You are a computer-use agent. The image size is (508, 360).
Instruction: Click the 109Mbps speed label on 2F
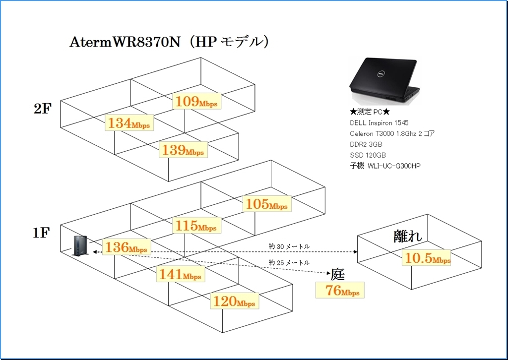(197, 102)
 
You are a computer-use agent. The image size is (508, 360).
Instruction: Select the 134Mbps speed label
(129, 123)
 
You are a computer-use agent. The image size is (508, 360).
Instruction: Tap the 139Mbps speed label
(183, 150)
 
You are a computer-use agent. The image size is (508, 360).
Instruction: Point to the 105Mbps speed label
(266, 204)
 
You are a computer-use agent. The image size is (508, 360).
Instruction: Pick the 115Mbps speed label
(195, 226)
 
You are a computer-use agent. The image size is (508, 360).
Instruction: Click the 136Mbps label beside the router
(126, 247)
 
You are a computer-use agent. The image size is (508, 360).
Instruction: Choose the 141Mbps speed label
(180, 274)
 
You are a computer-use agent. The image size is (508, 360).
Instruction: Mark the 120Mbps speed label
(234, 300)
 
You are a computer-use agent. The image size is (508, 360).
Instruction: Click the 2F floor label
(43, 109)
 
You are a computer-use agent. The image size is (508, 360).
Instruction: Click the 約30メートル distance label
(289, 246)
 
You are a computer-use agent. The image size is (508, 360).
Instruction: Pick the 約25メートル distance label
(289, 262)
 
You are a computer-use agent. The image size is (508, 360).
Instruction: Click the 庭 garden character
(337, 274)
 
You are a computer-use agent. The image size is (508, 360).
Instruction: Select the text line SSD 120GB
(368, 155)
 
